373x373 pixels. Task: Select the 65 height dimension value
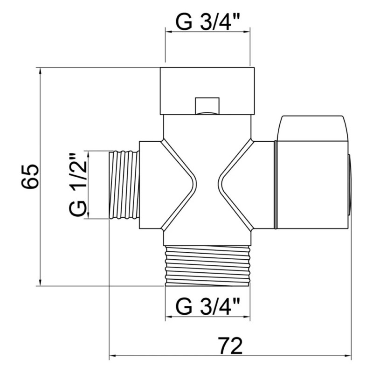pyautogui.click(x=30, y=177)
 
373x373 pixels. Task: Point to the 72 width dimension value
pyautogui.click(x=230, y=345)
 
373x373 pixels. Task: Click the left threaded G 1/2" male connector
pyautogui.click(x=124, y=184)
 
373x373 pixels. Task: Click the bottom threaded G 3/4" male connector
pyautogui.click(x=207, y=266)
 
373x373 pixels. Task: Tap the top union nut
pyautogui.click(x=207, y=91)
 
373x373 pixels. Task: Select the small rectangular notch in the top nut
pyautogui.click(x=207, y=105)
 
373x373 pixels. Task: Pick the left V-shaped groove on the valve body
pyautogui.click(x=180, y=184)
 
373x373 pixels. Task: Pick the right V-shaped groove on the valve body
pyautogui.click(x=235, y=184)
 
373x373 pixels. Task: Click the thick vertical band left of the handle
pyautogui.click(x=276, y=185)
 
